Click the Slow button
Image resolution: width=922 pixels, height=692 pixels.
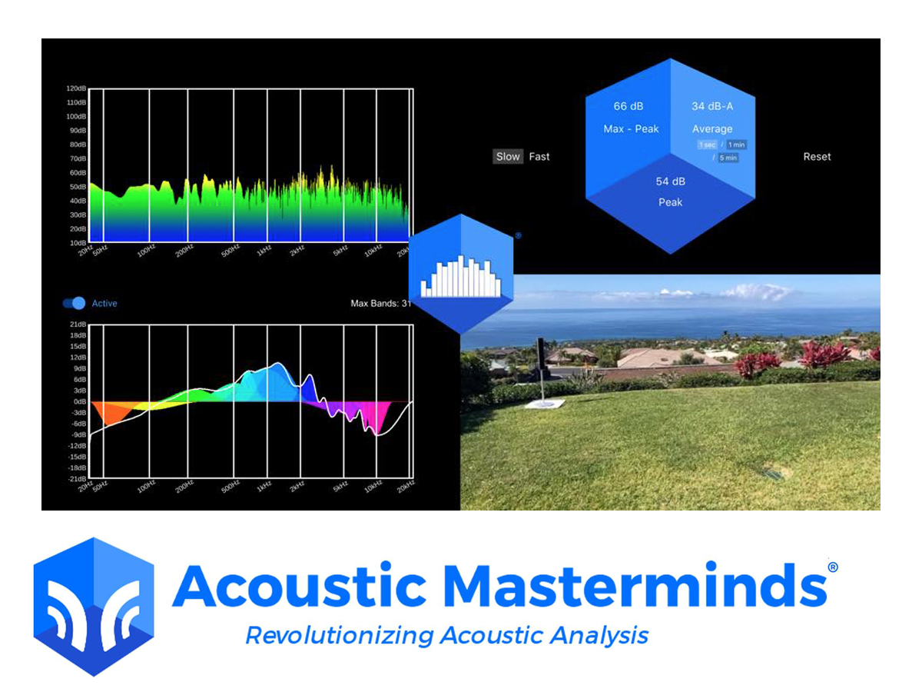click(508, 156)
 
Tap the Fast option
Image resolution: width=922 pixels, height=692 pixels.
click(539, 156)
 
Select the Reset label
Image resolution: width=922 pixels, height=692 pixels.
click(817, 156)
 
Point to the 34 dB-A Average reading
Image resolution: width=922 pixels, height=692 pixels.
click(711, 117)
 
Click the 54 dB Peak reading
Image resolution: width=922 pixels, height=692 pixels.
click(670, 191)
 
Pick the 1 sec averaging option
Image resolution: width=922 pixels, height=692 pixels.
click(706, 145)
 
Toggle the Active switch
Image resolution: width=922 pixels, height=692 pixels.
click(75, 303)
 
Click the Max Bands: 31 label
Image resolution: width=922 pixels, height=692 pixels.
click(381, 303)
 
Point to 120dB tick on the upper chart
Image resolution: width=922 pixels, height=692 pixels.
click(75, 88)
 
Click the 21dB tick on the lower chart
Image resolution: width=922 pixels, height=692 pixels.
click(77, 324)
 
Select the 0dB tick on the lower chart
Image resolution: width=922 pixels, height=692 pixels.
click(78, 401)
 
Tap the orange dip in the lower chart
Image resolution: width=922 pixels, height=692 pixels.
click(108, 412)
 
